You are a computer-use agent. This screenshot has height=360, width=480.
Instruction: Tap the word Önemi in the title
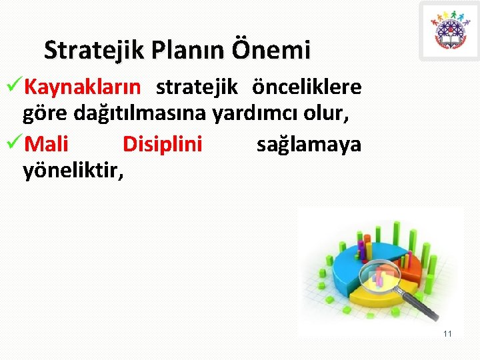click(271, 49)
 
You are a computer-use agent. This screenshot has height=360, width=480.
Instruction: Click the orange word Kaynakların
click(82, 87)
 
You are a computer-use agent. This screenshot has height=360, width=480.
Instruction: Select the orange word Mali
click(46, 143)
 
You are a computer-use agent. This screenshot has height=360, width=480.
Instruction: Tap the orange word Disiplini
click(162, 143)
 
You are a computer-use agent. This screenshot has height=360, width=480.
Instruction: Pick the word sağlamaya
click(309, 143)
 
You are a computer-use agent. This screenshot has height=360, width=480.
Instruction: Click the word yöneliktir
click(73, 171)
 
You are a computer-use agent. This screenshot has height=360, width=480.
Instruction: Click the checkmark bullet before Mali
click(14, 143)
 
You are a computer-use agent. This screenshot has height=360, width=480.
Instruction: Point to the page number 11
click(447, 333)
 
